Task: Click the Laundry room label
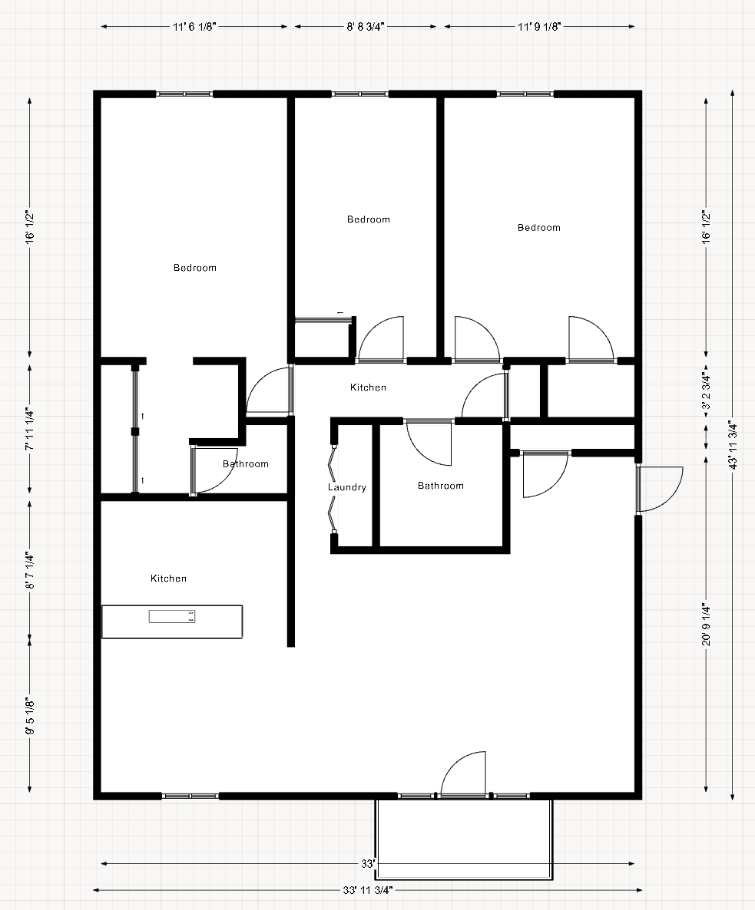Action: (347, 487)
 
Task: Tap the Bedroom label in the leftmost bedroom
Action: (195, 268)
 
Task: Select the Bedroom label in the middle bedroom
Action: (369, 219)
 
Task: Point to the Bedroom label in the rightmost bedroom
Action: (539, 228)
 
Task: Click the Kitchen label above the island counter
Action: (168, 579)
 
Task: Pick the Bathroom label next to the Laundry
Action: (441, 486)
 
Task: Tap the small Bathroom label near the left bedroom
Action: (246, 464)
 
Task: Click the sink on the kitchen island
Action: (172, 615)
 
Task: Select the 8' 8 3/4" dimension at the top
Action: (365, 27)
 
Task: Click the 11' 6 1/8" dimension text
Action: (195, 27)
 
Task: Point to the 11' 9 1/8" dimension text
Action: (539, 27)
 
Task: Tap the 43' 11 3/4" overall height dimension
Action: (733, 447)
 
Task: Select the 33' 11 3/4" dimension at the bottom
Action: (368, 891)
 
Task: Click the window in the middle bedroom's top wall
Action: (359, 94)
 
